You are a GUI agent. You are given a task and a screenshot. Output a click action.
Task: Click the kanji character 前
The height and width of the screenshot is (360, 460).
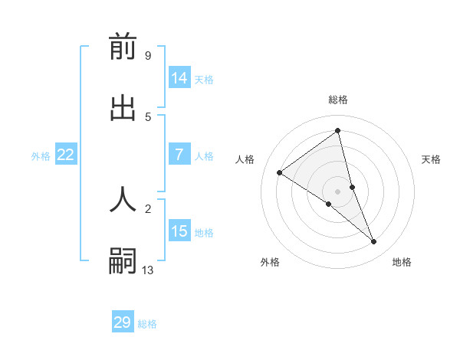[123, 47]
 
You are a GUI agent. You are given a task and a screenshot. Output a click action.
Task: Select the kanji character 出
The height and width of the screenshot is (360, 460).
[123, 108]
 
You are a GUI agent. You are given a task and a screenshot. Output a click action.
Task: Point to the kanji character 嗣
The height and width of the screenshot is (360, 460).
[123, 260]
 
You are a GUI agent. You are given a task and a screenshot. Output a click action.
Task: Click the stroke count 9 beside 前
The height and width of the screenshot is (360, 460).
[147, 56]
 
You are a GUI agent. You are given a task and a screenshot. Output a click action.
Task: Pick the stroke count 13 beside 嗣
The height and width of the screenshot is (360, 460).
[148, 270]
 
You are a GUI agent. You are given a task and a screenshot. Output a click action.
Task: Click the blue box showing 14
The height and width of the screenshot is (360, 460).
[179, 78]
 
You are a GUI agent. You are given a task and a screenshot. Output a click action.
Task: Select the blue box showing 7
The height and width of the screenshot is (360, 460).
[179, 155]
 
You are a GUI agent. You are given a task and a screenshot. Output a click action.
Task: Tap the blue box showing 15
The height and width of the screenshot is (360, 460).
[179, 231]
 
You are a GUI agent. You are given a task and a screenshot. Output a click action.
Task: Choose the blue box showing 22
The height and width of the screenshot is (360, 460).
[66, 155]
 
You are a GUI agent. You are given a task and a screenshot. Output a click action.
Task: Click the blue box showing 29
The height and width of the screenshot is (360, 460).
[123, 322]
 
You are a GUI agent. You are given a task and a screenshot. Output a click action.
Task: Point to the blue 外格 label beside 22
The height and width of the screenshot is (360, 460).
[41, 156]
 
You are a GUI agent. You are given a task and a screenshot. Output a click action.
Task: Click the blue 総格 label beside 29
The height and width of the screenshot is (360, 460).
[147, 324]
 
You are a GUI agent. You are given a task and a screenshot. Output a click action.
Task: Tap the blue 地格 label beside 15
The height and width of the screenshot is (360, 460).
[204, 233]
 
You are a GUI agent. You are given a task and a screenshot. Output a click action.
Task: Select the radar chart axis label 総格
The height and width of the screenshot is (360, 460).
[338, 100]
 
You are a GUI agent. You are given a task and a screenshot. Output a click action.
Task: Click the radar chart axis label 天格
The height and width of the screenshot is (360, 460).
[432, 159]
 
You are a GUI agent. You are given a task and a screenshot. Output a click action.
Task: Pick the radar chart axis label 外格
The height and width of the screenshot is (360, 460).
[270, 262]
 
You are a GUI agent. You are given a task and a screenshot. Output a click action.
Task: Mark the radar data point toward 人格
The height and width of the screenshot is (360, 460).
[280, 173]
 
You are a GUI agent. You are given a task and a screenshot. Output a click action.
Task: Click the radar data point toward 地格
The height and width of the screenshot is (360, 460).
[374, 242]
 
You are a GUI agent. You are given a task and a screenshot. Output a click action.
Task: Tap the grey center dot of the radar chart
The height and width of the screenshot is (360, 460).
[338, 191]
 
